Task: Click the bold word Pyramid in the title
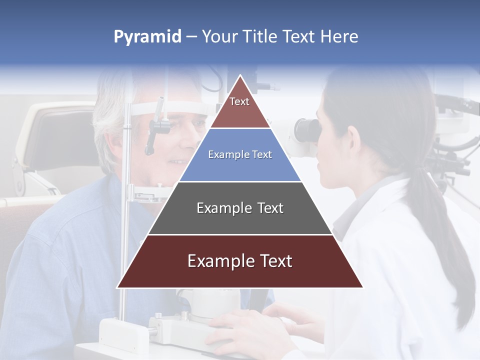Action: click(147, 37)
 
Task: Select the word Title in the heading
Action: click(259, 36)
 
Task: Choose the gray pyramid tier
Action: click(240, 208)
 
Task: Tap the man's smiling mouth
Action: click(177, 161)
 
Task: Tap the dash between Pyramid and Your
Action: click(191, 37)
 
